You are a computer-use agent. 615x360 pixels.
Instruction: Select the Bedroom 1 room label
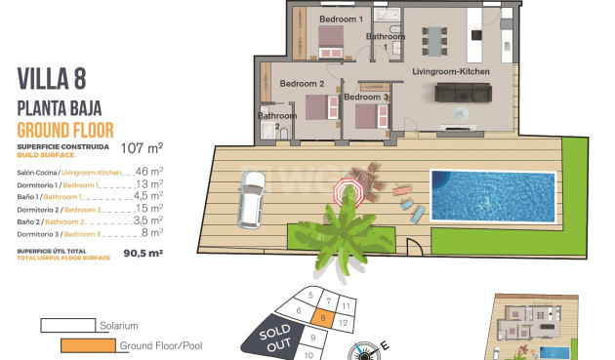[x=342, y=19]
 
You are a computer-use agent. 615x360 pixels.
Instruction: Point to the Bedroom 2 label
[x=302, y=84]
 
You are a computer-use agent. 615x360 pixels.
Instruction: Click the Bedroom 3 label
[x=366, y=97]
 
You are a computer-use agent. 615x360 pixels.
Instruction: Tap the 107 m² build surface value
[x=142, y=149]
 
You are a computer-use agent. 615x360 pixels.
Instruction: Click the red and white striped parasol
[x=348, y=189]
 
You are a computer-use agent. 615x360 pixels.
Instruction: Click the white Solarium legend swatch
[x=68, y=325]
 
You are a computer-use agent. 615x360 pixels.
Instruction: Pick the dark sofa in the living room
[x=463, y=92]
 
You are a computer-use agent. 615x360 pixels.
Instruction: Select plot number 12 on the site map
[x=343, y=321]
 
